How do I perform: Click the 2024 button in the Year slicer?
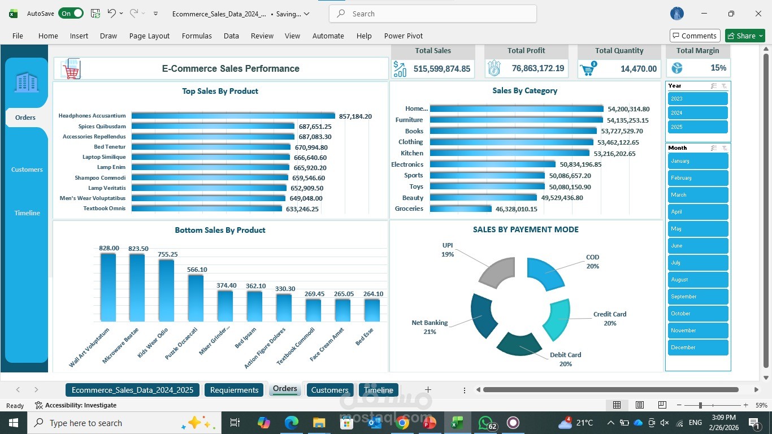pyautogui.click(x=697, y=113)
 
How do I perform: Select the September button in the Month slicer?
pyautogui.click(x=697, y=297)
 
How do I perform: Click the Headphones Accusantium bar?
pyautogui.click(x=233, y=116)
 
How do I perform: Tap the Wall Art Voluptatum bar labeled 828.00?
pyautogui.click(x=108, y=287)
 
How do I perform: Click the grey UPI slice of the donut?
pyautogui.click(x=496, y=272)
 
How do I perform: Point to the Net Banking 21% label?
pyautogui.click(x=430, y=327)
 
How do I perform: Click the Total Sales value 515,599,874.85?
pyautogui.click(x=441, y=69)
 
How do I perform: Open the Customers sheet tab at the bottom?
pyautogui.click(x=329, y=390)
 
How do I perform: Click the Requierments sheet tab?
pyautogui.click(x=234, y=390)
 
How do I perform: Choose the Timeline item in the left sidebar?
pyautogui.click(x=27, y=213)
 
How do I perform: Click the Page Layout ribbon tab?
pyautogui.click(x=149, y=36)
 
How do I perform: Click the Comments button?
pyautogui.click(x=695, y=36)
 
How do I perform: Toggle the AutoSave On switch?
pyautogui.click(x=71, y=14)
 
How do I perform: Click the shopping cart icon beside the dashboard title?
pyautogui.click(x=71, y=69)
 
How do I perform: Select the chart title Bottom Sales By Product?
pyautogui.click(x=220, y=230)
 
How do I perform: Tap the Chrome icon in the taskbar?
pyautogui.click(x=402, y=423)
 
